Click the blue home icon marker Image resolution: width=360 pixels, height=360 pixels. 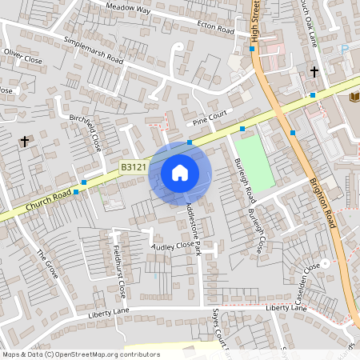pyautogui.click(x=180, y=173)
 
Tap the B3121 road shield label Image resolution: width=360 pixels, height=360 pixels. pyautogui.click(x=133, y=167)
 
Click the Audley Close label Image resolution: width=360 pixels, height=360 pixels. pyautogui.click(x=173, y=246)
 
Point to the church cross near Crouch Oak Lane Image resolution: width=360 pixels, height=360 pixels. pyautogui.click(x=314, y=72)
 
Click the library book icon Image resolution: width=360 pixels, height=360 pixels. pyautogui.click(x=353, y=97)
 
